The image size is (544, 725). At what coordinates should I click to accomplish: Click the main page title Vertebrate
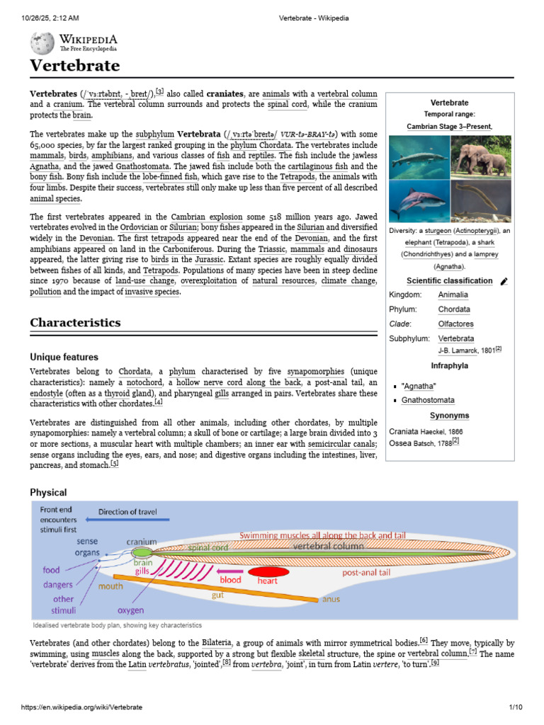(74, 67)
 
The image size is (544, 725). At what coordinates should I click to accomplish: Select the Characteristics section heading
(75, 322)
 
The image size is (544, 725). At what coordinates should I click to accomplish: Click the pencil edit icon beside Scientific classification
(504, 281)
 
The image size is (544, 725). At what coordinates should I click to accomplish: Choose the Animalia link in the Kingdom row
(453, 295)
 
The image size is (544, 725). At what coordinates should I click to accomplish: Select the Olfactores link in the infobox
(455, 324)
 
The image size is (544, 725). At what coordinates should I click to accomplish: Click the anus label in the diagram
(331, 599)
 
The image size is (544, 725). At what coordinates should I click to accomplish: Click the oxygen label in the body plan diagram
(130, 610)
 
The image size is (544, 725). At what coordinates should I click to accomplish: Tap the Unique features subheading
(64, 357)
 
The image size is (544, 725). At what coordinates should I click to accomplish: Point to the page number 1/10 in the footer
(515, 707)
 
